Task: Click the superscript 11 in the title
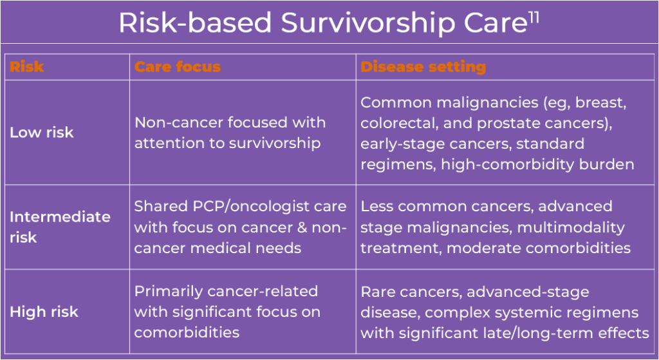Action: (x=534, y=18)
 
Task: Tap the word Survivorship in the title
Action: (x=369, y=23)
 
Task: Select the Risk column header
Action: (x=26, y=66)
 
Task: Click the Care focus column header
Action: (x=178, y=66)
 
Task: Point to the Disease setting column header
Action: (x=423, y=66)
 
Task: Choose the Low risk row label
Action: (x=42, y=133)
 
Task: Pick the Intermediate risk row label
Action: (x=60, y=227)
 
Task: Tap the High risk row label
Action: (x=44, y=312)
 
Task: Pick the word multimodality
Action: (x=571, y=227)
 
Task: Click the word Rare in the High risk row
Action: (x=378, y=292)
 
